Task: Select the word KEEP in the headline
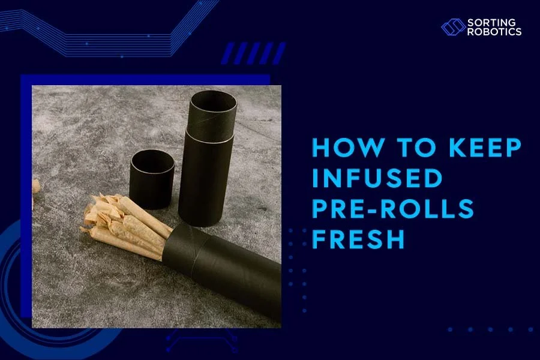click(476, 149)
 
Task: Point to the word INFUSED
click(377, 179)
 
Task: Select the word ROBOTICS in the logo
click(494, 32)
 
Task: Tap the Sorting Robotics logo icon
click(453, 27)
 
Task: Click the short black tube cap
click(152, 178)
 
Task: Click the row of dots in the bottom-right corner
click(490, 329)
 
